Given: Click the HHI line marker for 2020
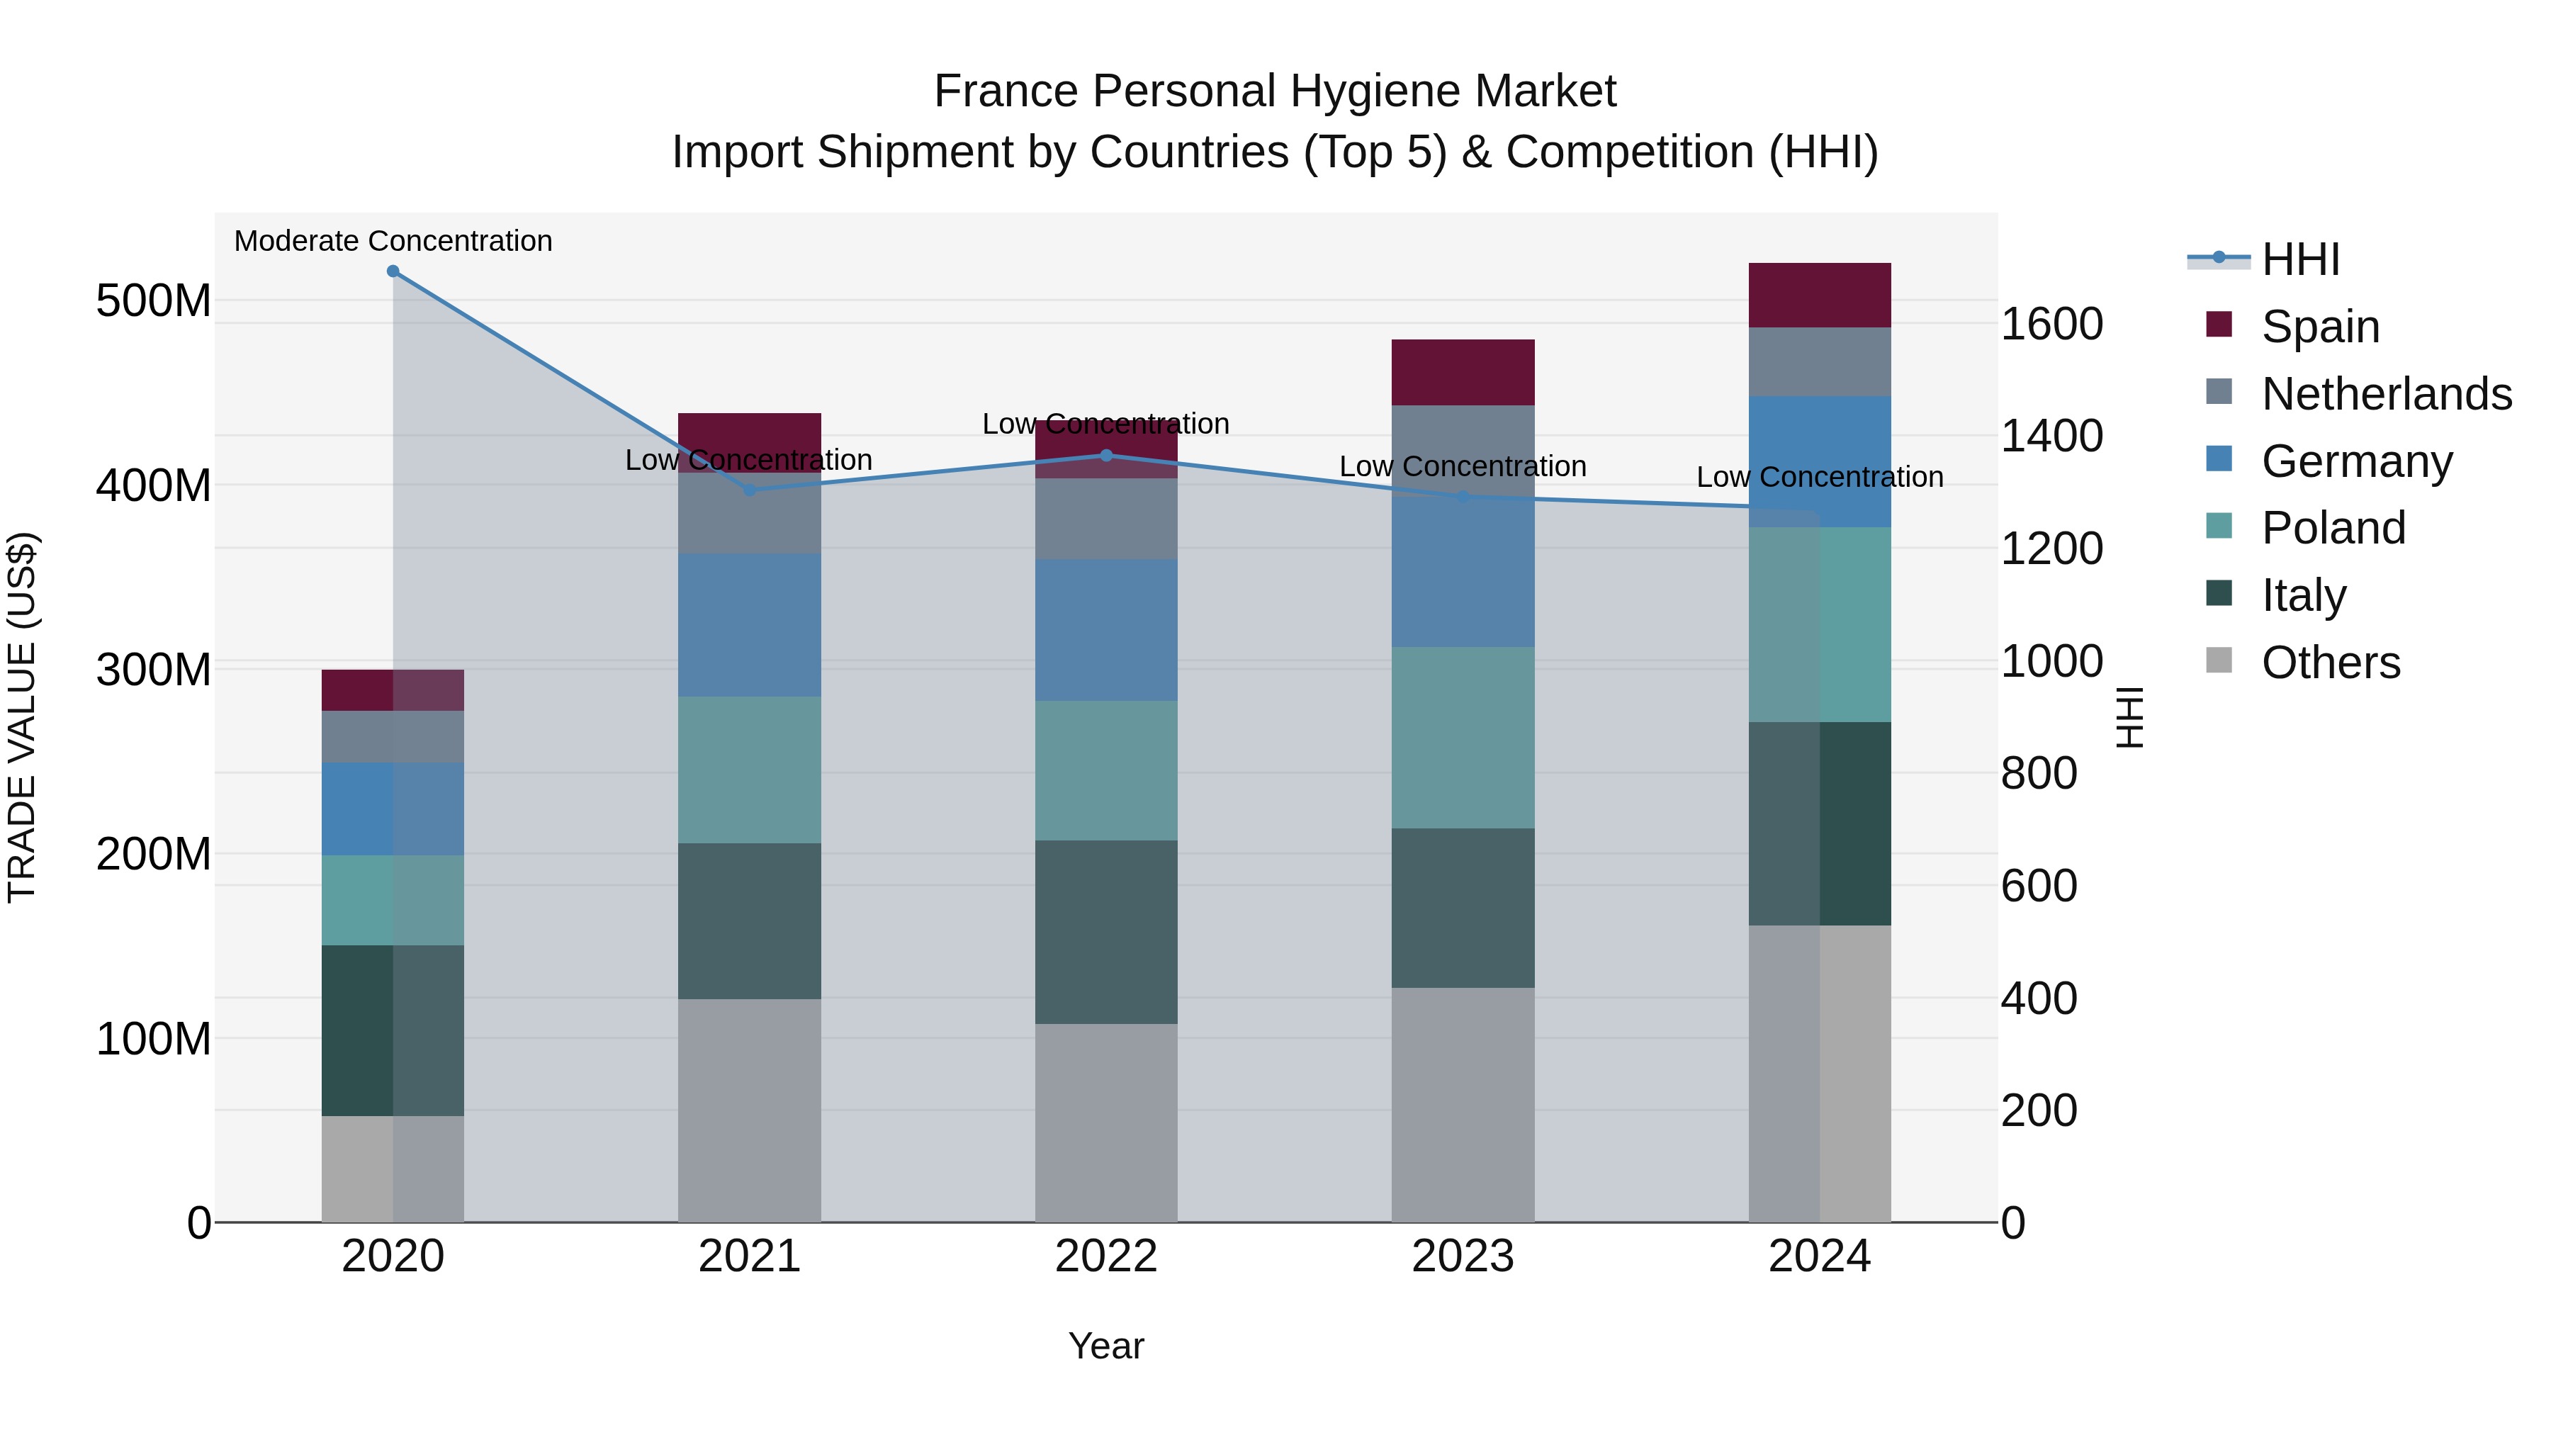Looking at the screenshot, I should pyautogui.click(x=393, y=271).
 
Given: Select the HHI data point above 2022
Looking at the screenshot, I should pyautogui.click(x=1106, y=456).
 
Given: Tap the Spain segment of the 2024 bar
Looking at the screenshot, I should pyautogui.click(x=1819, y=295).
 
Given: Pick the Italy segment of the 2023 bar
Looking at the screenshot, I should pyautogui.click(x=1463, y=907).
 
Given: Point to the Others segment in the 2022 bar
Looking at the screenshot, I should pyautogui.click(x=1106, y=1122).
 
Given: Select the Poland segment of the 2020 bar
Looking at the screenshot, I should pyautogui.click(x=393, y=899).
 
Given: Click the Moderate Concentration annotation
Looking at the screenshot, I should pyautogui.click(x=393, y=241).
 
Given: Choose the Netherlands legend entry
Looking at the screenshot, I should pyautogui.click(x=2387, y=394).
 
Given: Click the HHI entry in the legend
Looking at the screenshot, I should pyautogui.click(x=2300, y=259).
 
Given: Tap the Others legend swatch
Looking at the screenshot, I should pyautogui.click(x=2219, y=660).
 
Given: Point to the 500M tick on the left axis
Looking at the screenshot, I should pyautogui.click(x=154, y=300).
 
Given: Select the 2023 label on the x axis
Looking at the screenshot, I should pyautogui.click(x=1463, y=1256).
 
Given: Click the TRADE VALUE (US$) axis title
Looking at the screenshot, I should pyautogui.click(x=22, y=717).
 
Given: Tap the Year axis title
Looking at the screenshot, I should pyautogui.click(x=1106, y=1346).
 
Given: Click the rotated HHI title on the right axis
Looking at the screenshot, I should pyautogui.click(x=2129, y=717).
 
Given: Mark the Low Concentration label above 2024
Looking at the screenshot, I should pyautogui.click(x=1819, y=478).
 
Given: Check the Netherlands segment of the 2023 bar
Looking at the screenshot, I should pyautogui.click(x=1463, y=446).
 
